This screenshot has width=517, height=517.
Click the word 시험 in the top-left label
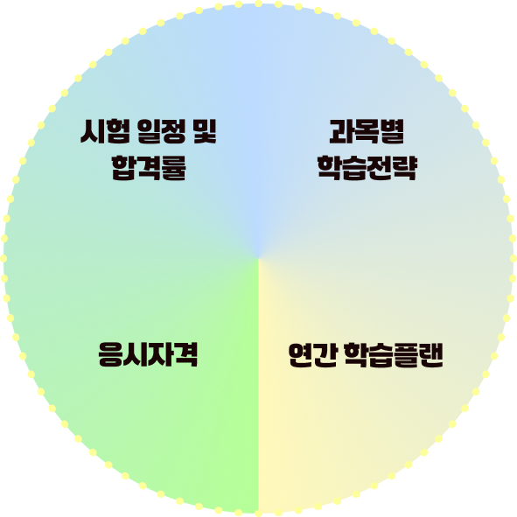[x=105, y=131]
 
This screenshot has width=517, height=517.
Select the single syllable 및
[x=205, y=131]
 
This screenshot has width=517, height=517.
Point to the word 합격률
[x=149, y=168]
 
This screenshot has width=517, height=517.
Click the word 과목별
[x=367, y=131]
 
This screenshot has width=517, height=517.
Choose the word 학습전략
[x=367, y=168]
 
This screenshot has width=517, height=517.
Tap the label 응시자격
[x=148, y=354]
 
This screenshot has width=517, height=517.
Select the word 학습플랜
[x=394, y=355]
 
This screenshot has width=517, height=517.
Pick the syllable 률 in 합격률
[x=174, y=168]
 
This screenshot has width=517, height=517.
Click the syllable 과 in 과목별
[x=341, y=131]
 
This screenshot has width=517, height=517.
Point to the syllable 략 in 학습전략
[x=405, y=168]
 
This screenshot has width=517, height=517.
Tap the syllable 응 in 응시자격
[x=110, y=354]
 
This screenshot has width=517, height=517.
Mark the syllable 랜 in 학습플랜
[x=431, y=355]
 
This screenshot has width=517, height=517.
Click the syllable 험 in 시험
[x=118, y=131]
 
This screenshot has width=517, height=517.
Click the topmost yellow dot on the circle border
[x=259, y=3]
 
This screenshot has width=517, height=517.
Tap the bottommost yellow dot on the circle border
[x=259, y=514]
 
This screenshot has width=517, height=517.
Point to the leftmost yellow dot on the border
[x=3, y=259]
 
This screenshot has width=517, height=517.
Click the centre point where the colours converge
[x=259, y=259]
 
